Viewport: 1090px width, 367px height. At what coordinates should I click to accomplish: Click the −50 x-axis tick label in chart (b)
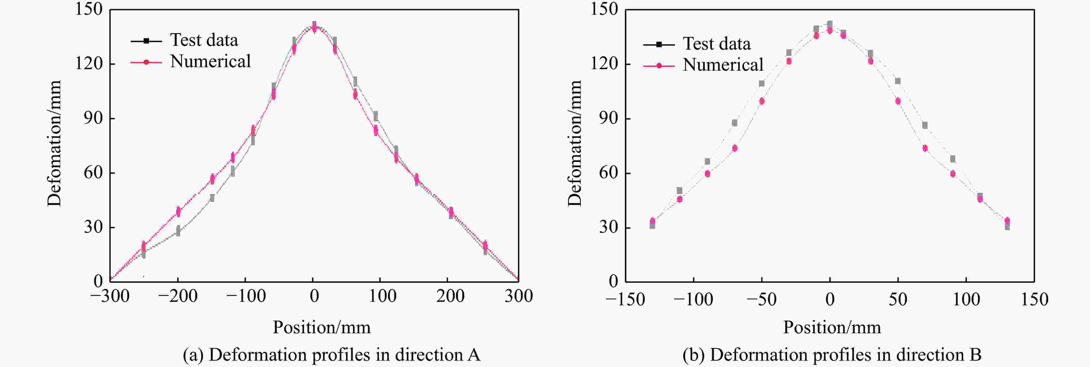(x=761, y=299)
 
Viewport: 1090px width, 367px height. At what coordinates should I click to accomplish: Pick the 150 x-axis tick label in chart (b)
(x=1035, y=299)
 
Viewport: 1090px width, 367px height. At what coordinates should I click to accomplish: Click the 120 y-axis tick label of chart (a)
(x=89, y=63)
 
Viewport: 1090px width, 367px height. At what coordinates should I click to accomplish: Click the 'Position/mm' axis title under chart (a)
(x=322, y=327)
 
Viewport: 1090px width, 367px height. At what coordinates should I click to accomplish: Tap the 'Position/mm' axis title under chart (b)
(x=832, y=327)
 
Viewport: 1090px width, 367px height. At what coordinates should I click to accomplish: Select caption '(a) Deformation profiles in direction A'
(x=331, y=355)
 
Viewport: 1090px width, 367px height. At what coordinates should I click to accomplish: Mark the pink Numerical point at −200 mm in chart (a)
(x=178, y=211)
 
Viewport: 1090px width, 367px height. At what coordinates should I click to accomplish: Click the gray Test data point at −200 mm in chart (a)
(x=178, y=231)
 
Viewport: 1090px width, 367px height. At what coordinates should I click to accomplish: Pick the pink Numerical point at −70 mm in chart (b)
(x=734, y=148)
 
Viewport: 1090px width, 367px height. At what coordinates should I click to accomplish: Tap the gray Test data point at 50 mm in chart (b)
(x=897, y=81)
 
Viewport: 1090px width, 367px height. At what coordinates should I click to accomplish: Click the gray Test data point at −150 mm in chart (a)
(x=212, y=197)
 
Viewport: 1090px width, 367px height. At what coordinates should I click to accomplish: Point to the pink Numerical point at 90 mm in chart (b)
(x=952, y=173)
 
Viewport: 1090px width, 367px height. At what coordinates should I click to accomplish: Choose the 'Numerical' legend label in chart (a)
(x=210, y=62)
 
